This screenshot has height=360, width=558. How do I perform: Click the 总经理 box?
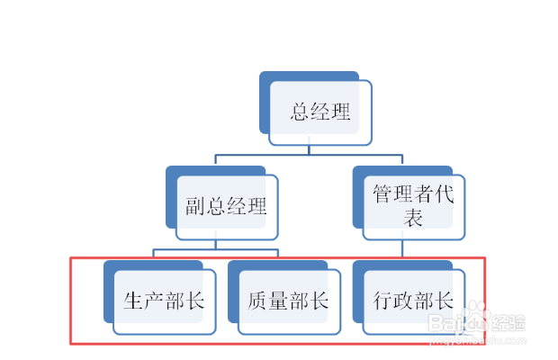(x=320, y=112)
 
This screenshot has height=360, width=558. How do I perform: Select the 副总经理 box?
(x=226, y=206)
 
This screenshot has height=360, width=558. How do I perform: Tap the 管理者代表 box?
(x=413, y=206)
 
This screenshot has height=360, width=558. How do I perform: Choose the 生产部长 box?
(x=164, y=301)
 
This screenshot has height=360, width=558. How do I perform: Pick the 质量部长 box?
(x=288, y=301)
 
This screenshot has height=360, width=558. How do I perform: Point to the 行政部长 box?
(x=413, y=301)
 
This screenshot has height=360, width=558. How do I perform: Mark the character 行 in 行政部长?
(x=382, y=301)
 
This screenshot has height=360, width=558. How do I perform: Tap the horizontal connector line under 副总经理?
(x=215, y=249)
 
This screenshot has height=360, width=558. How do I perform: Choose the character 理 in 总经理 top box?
(x=340, y=112)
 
